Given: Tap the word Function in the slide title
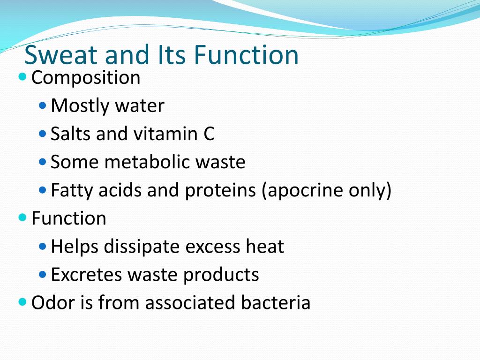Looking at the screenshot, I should click(246, 55).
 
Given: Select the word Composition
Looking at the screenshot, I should click(86, 78).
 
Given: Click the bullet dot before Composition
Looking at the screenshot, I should click(23, 76).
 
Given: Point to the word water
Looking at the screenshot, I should click(139, 106).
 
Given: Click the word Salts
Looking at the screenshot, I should click(70, 134).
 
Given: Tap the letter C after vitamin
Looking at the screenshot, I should click(209, 134).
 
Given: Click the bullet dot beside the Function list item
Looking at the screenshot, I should click(23, 217).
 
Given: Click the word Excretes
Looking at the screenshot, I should click(81, 275).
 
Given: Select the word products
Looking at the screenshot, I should click(221, 275).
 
